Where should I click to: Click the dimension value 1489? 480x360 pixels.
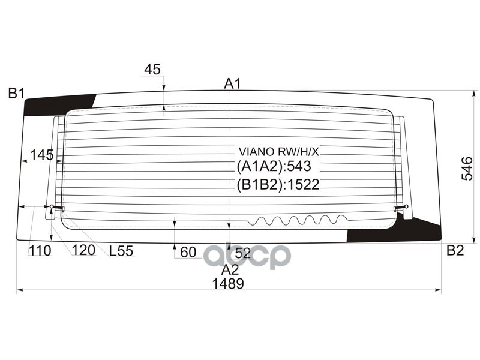click(x=227, y=284)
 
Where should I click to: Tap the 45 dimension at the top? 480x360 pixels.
click(x=152, y=70)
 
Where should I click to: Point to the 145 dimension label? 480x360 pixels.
click(x=41, y=155)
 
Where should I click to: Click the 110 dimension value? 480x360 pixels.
click(x=40, y=251)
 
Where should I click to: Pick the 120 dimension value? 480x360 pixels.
click(x=83, y=251)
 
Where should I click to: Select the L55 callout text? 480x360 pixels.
click(x=121, y=251)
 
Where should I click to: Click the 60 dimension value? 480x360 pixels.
click(x=188, y=253)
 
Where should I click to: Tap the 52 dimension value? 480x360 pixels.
click(x=242, y=253)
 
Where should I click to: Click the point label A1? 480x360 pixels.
click(x=232, y=84)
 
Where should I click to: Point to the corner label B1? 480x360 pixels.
click(x=16, y=93)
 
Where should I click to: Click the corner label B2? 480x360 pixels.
click(x=455, y=251)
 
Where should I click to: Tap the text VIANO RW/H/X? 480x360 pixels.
click(x=279, y=151)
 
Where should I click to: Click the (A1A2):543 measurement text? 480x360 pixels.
click(x=274, y=166)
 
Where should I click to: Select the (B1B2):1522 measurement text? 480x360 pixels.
click(x=277, y=184)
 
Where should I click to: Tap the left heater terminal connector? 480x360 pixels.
click(x=56, y=208)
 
